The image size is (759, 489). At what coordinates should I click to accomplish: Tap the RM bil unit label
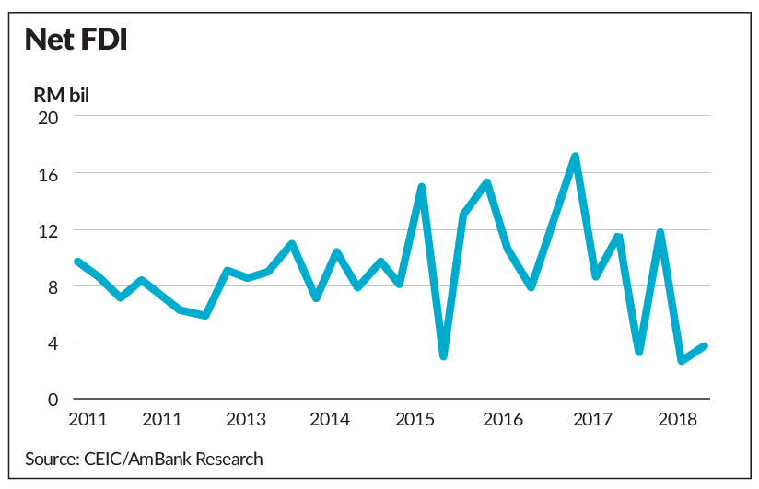62,96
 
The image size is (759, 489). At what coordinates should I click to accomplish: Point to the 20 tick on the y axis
48,118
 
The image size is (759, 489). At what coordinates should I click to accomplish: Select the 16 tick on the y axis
48,175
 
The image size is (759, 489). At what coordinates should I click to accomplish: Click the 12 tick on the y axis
48,231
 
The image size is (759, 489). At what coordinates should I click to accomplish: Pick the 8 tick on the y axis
53,288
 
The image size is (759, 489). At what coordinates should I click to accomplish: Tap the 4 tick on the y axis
53,344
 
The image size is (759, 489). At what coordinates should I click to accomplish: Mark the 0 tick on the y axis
53,400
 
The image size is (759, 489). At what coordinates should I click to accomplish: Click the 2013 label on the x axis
246,419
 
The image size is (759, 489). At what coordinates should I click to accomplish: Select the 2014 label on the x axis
330,419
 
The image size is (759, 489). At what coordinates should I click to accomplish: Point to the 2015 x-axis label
415,419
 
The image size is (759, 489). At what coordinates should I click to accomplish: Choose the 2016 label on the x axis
503,419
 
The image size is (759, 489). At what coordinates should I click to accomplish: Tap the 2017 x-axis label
592,419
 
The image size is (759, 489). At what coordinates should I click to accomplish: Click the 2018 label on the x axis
677,419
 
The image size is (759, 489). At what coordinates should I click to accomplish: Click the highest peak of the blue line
575,156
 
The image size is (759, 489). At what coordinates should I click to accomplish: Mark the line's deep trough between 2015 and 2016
443,356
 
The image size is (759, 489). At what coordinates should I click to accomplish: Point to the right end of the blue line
705,345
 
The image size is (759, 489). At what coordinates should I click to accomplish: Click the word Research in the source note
229,459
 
